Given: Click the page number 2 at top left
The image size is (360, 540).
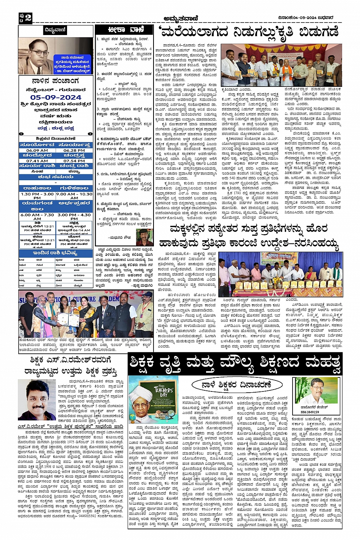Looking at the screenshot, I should click(x=28, y=17).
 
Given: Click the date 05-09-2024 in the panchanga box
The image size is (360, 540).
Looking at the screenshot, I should click(x=56, y=97).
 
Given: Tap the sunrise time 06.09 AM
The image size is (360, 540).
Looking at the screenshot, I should click(x=37, y=150).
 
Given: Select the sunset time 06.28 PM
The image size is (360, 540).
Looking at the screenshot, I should click(x=74, y=150).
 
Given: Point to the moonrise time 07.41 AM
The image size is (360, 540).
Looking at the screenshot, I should click(x=37, y=161).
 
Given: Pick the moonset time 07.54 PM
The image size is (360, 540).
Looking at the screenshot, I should click(x=74, y=161).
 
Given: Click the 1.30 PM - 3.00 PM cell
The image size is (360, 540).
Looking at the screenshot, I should click(x=37, y=196).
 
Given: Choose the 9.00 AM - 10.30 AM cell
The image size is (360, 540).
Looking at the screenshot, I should click(x=74, y=196).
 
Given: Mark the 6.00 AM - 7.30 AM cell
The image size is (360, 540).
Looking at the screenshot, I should click(x=37, y=217).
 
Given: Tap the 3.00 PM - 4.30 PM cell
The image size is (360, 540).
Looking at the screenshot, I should click(x=74, y=217).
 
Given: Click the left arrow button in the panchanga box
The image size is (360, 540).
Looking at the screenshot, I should click(x=22, y=134).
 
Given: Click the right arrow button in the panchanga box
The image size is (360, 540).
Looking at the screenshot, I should click(x=90, y=134).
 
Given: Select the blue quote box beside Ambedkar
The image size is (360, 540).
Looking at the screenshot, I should click(x=72, y=63).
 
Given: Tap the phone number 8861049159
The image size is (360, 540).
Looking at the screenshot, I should click(x=310, y=412).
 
